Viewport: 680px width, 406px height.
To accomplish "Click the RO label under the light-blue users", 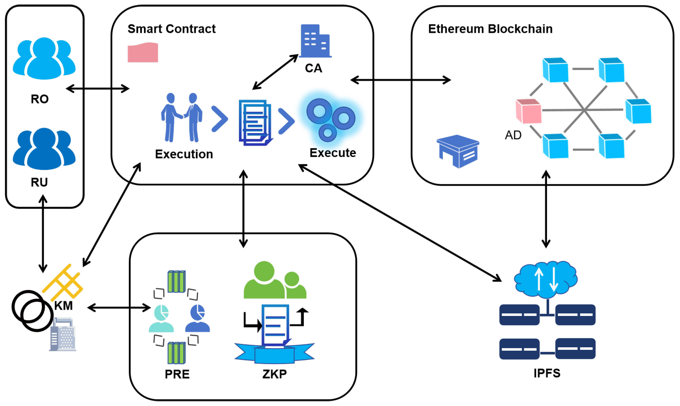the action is [x=40, y=99].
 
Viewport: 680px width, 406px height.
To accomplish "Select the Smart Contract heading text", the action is [x=172, y=29].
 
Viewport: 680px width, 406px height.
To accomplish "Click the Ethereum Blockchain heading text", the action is [x=490, y=29].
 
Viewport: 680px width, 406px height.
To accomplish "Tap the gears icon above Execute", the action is [x=331, y=120].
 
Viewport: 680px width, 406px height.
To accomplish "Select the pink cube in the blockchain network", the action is [x=528, y=111].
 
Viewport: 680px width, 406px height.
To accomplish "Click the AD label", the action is [x=513, y=135].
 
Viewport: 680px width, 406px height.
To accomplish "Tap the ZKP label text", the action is [x=275, y=374].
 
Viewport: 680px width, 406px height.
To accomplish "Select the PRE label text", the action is [x=177, y=374].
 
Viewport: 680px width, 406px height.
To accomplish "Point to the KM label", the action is [x=63, y=306].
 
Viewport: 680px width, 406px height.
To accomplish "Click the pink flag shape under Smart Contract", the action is [x=143, y=52].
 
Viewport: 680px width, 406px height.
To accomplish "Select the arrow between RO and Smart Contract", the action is [x=98, y=89].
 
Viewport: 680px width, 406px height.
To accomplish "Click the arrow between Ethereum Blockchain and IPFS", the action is [x=546, y=209].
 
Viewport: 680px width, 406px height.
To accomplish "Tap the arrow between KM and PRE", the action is [x=119, y=308].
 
